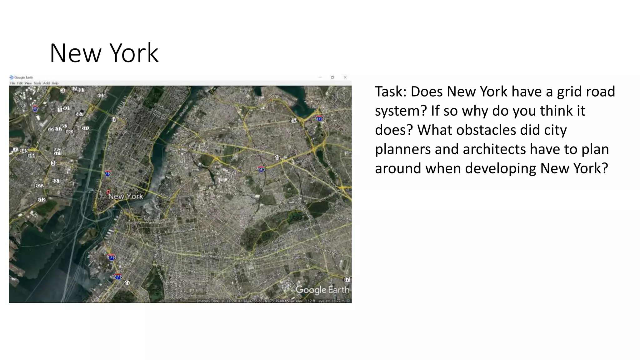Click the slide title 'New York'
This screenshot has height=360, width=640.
pos(104,53)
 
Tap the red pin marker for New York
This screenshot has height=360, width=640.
pos(108,192)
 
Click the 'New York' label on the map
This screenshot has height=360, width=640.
pos(126,197)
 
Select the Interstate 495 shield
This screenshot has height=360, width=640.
pos(261,169)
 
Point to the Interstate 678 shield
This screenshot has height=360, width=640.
pos(319,118)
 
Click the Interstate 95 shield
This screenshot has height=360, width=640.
pos(35,108)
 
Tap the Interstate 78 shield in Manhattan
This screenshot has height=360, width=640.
pos(108,173)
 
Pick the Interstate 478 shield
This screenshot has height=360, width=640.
pos(112,257)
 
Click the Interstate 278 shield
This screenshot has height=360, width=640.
pos(118,277)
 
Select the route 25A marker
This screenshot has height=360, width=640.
pos(294,121)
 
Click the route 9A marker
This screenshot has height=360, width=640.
pos(114,119)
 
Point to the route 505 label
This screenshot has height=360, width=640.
pos(101,95)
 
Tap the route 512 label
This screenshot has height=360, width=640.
pos(42,200)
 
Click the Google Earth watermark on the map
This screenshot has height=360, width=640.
pos(322,290)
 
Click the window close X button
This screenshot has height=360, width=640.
pos(345,77)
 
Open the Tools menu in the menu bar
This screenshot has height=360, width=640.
pos(37,83)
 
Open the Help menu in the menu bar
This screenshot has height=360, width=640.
pos(55,83)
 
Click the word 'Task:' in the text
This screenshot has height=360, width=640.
pos(391,92)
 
